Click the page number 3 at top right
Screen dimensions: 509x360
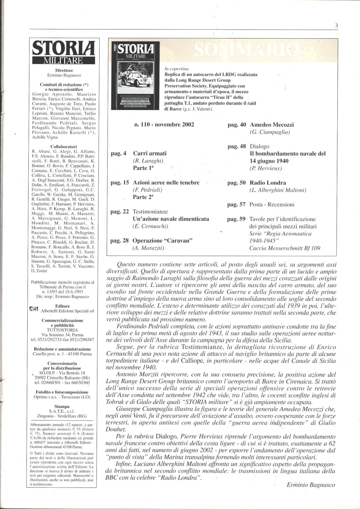(336, 25)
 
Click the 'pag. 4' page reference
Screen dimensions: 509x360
(119, 153)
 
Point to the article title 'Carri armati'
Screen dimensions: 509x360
(150, 153)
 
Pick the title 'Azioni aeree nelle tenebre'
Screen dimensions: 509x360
(166, 183)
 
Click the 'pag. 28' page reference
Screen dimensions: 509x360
(120, 241)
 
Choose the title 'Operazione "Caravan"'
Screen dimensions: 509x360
(163, 241)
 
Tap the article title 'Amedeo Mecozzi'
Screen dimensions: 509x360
(272, 125)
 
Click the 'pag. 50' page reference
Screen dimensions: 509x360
(236, 183)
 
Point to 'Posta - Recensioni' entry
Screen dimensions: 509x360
(272, 205)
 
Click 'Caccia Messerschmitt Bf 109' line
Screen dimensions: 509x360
(285, 248)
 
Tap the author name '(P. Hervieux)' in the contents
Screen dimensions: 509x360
(266, 168)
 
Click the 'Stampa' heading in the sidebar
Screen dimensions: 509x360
(62, 406)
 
